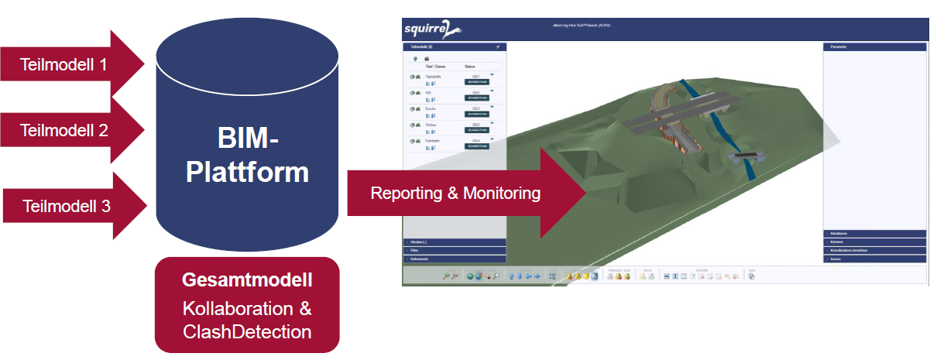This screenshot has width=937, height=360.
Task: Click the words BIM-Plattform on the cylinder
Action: click(247, 155)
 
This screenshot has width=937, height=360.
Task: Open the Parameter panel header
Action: click(874, 47)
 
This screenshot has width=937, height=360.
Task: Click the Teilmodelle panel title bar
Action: click(454, 47)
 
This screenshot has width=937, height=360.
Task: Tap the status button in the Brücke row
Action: click(476, 114)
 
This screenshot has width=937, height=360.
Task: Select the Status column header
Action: click(470, 67)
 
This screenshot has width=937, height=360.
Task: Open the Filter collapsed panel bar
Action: click(454, 251)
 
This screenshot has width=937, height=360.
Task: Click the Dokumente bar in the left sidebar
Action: click(454, 259)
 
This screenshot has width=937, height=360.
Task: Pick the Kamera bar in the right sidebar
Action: click(874, 242)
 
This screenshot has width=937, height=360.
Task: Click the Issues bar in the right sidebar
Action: click(874, 259)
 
